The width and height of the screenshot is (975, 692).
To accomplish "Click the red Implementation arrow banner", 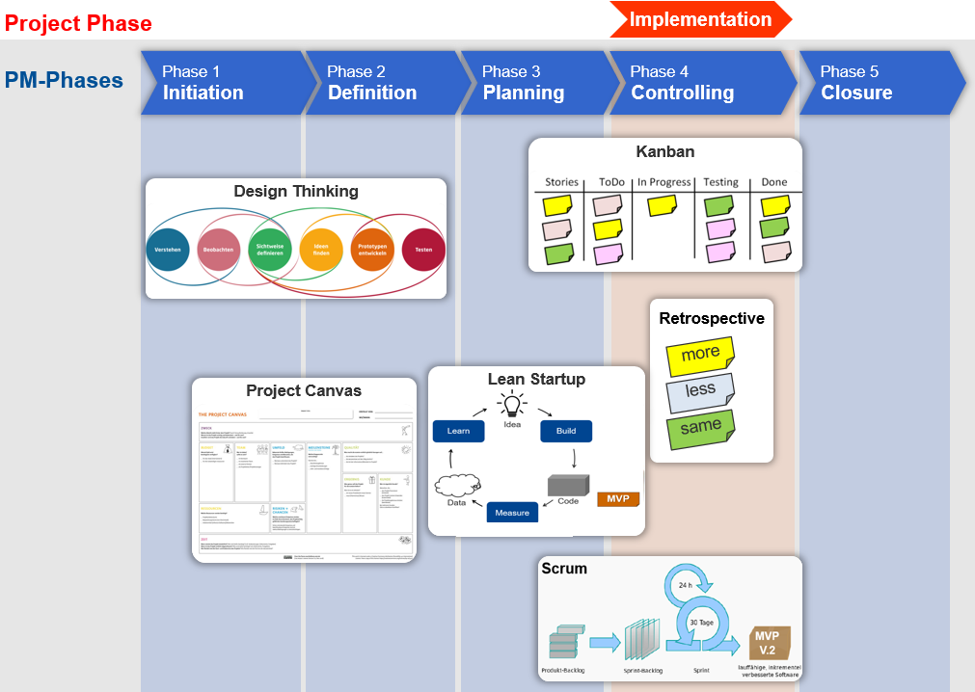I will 700,19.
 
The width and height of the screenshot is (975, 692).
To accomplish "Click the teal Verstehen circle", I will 169,250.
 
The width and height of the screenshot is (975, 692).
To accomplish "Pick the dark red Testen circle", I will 423,250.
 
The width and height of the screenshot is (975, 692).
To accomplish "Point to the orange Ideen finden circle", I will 321,250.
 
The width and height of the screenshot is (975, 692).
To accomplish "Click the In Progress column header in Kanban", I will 664,182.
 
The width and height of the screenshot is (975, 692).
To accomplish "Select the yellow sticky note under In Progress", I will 662,205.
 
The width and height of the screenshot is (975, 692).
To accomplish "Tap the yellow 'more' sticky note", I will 700,354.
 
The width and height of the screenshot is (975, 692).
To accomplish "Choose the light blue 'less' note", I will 700,390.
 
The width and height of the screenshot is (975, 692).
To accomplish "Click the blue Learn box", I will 458,431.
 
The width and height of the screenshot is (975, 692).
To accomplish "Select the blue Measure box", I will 512,513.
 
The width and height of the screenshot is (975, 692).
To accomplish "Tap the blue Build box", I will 566,431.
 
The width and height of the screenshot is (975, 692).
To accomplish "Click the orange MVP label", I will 618,499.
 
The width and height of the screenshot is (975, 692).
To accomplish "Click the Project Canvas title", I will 304,390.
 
